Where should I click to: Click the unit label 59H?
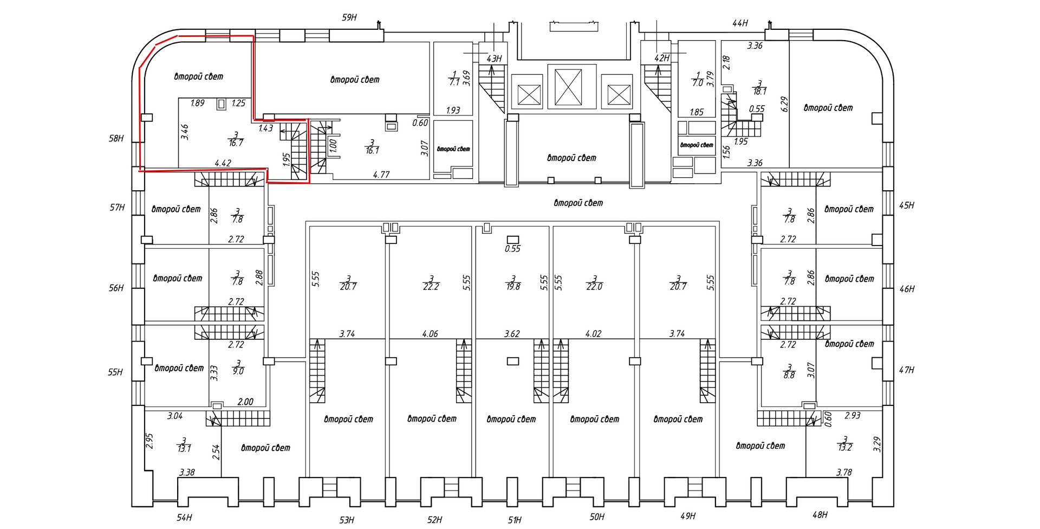click(349, 17)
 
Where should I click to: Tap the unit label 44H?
click(740, 23)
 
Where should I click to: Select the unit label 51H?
click(515, 520)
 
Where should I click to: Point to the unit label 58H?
click(116, 138)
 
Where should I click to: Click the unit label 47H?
click(907, 370)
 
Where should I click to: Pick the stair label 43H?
click(494, 59)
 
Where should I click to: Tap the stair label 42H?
click(662, 58)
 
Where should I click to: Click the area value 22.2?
click(431, 287)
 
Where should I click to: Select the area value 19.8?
click(513, 287)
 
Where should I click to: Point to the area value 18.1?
click(760, 92)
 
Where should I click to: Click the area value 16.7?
click(236, 143)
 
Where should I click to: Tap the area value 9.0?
click(238, 371)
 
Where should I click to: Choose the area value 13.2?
click(844, 447)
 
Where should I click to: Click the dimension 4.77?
click(381, 175)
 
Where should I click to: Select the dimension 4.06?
click(430, 334)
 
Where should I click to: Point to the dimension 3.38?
click(187, 472)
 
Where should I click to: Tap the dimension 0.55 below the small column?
click(512, 249)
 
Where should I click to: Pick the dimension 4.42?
click(223, 163)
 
